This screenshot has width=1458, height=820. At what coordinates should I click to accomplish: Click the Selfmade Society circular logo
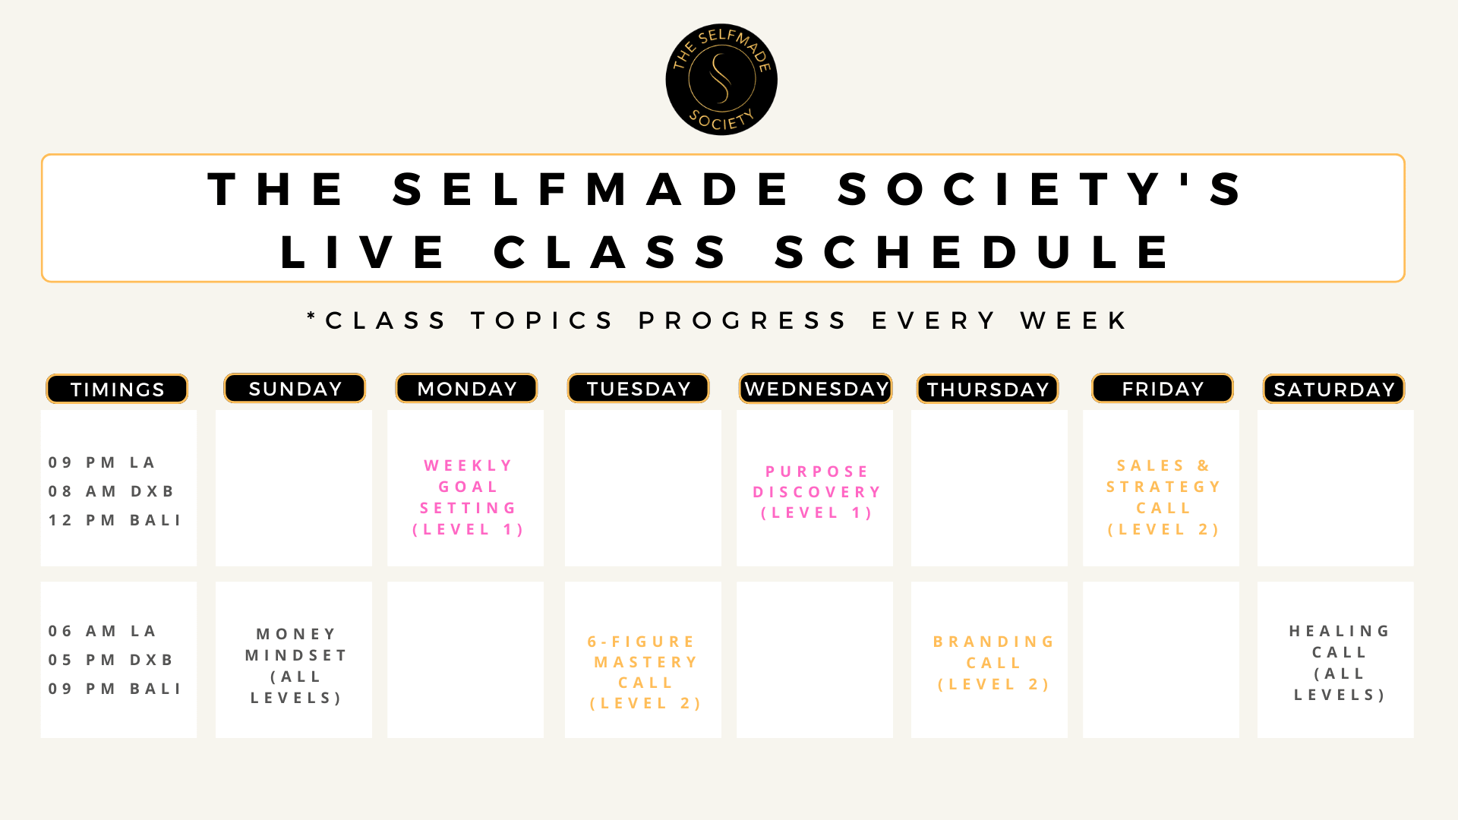click(x=721, y=80)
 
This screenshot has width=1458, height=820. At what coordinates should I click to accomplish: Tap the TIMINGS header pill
click(x=117, y=389)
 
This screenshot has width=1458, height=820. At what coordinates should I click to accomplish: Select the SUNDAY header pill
click(x=295, y=388)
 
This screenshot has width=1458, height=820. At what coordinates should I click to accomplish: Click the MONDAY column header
click(x=466, y=388)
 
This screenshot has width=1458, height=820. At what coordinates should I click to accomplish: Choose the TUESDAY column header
click(x=639, y=388)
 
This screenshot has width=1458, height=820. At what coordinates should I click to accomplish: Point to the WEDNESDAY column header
click(x=816, y=388)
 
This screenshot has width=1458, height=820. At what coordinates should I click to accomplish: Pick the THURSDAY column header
click(x=988, y=389)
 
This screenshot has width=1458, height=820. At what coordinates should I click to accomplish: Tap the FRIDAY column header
click(x=1163, y=388)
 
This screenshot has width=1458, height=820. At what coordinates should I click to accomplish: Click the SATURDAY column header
click(x=1334, y=389)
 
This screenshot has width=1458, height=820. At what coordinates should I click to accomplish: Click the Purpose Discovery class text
click(x=817, y=492)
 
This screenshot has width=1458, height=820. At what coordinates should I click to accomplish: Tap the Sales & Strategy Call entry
click(x=1163, y=497)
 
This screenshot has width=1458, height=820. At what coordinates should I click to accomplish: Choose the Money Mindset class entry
click(x=296, y=666)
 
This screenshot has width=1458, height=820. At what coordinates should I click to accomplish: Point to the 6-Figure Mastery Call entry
click(x=645, y=673)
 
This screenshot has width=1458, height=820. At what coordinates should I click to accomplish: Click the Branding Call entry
click(x=993, y=663)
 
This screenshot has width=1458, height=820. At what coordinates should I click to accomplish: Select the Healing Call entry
click(x=1340, y=663)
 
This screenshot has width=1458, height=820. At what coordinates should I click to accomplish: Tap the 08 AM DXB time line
click(x=111, y=491)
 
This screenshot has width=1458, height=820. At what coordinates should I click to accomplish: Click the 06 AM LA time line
click(x=102, y=631)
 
